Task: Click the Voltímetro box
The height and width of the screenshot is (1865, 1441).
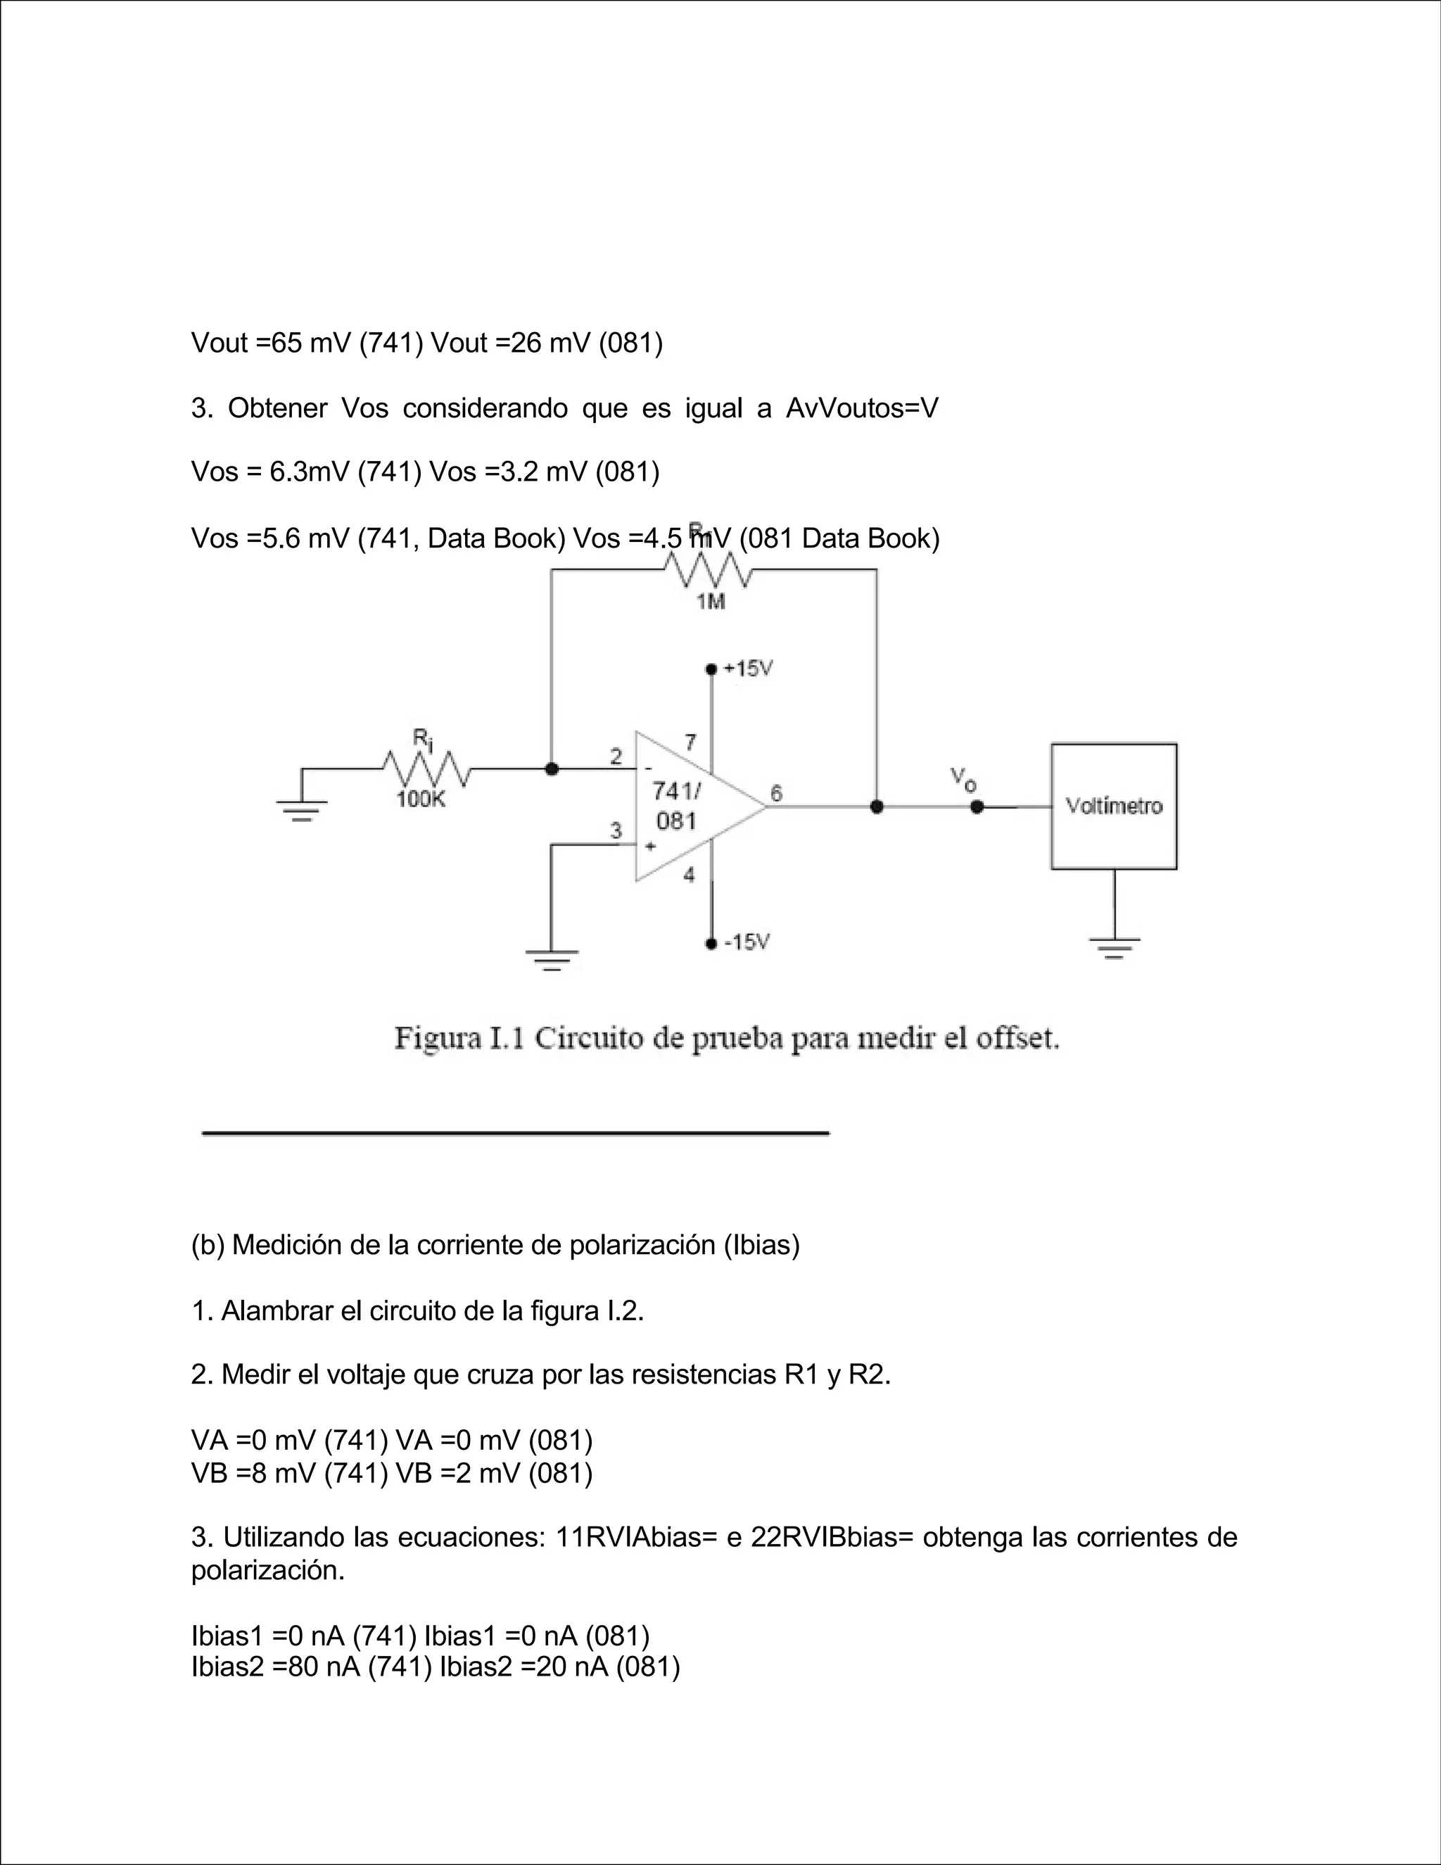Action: pos(1113,806)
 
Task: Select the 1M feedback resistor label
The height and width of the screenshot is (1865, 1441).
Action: pos(710,602)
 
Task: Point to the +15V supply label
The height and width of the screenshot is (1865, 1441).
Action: pos(748,669)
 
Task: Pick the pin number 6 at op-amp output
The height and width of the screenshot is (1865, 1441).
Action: pos(776,793)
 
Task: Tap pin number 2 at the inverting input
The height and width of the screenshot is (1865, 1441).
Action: pos(616,756)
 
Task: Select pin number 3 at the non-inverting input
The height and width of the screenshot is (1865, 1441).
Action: pos(616,830)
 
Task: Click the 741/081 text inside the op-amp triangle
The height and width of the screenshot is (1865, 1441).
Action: pos(676,806)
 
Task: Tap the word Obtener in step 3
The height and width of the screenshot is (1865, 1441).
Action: pos(277,408)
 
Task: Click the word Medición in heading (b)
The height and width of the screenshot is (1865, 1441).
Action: pos(286,1246)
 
